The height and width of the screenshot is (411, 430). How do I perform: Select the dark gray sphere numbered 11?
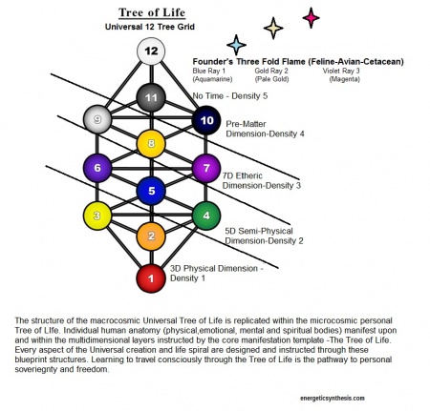click(x=151, y=97)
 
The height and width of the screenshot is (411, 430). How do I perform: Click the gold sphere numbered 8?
click(x=151, y=144)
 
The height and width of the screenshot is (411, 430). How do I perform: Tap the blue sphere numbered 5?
click(x=151, y=191)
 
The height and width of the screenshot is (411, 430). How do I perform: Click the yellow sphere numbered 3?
click(x=98, y=215)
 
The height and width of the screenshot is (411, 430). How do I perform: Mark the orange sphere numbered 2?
click(x=151, y=236)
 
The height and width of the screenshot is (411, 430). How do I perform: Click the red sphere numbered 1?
click(x=151, y=279)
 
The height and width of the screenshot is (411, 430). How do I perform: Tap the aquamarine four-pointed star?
click(x=236, y=44)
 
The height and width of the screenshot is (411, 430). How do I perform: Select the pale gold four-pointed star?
click(x=273, y=28)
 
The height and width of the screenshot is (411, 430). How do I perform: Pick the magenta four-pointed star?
click(x=310, y=16)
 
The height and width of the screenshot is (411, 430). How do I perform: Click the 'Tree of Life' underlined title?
click(x=151, y=12)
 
